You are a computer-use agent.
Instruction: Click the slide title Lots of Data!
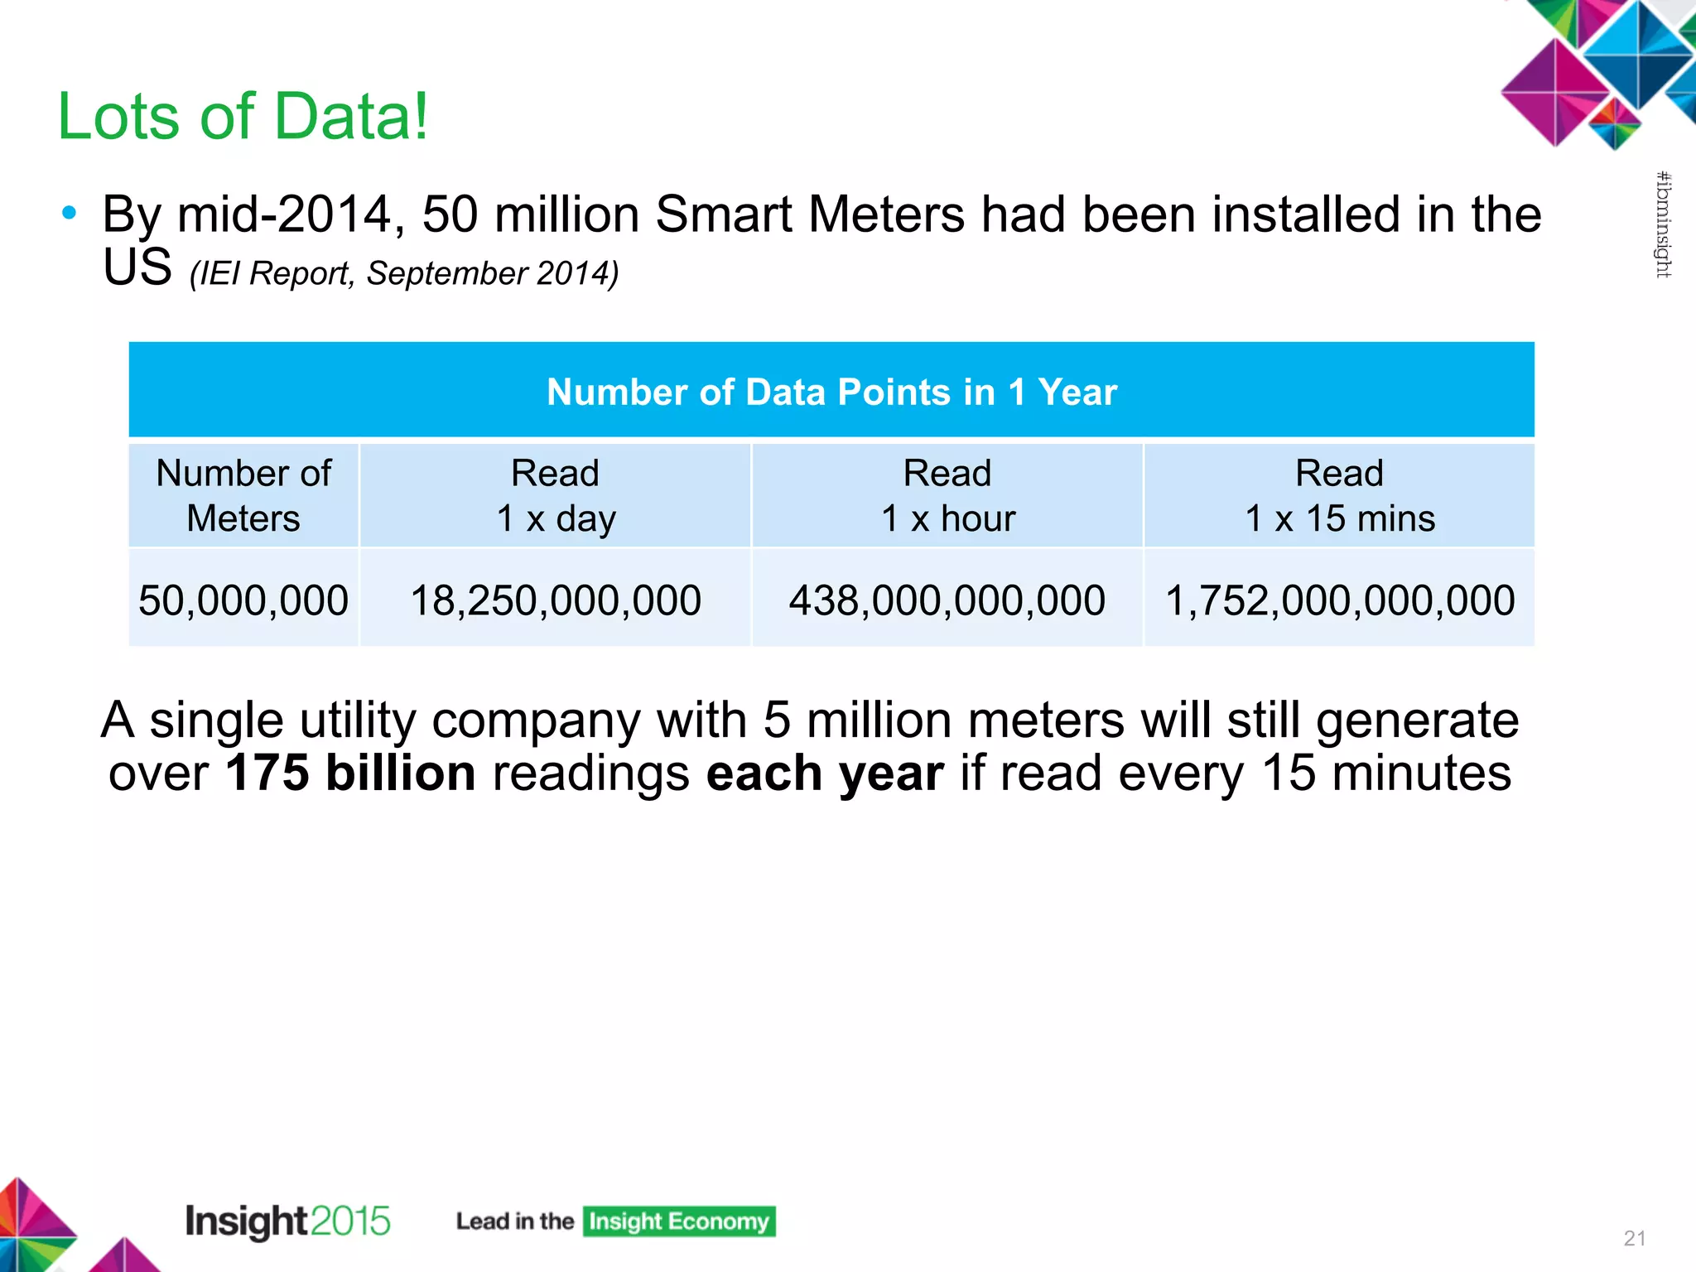pyautogui.click(x=243, y=116)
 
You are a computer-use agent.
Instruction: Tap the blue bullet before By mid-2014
pyautogui.click(x=70, y=214)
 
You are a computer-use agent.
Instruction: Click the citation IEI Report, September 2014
pyautogui.click(x=403, y=274)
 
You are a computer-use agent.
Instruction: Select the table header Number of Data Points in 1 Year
pyautogui.click(x=831, y=392)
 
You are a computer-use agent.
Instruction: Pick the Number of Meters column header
pyautogui.click(x=243, y=495)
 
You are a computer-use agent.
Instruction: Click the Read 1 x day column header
pyautogui.click(x=555, y=495)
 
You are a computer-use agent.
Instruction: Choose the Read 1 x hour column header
pyautogui.click(x=947, y=495)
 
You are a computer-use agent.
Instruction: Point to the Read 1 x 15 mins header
pyautogui.click(x=1339, y=495)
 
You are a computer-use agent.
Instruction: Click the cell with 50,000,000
pyautogui.click(x=243, y=600)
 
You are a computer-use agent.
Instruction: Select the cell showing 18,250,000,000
pyautogui.click(x=555, y=600)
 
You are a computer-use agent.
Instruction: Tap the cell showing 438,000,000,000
pyautogui.click(x=947, y=600)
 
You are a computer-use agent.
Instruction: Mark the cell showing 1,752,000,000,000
pyautogui.click(x=1339, y=600)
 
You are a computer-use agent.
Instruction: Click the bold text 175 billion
pyautogui.click(x=350, y=773)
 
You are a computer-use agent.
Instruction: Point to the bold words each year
pyautogui.click(x=825, y=773)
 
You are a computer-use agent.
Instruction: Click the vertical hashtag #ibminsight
pyautogui.click(x=1663, y=224)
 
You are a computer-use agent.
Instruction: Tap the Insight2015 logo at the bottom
pyautogui.click(x=287, y=1221)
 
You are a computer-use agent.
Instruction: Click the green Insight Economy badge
pyautogui.click(x=679, y=1221)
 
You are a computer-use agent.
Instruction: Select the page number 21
pyautogui.click(x=1634, y=1238)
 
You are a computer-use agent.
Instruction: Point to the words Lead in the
pyautogui.click(x=514, y=1221)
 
